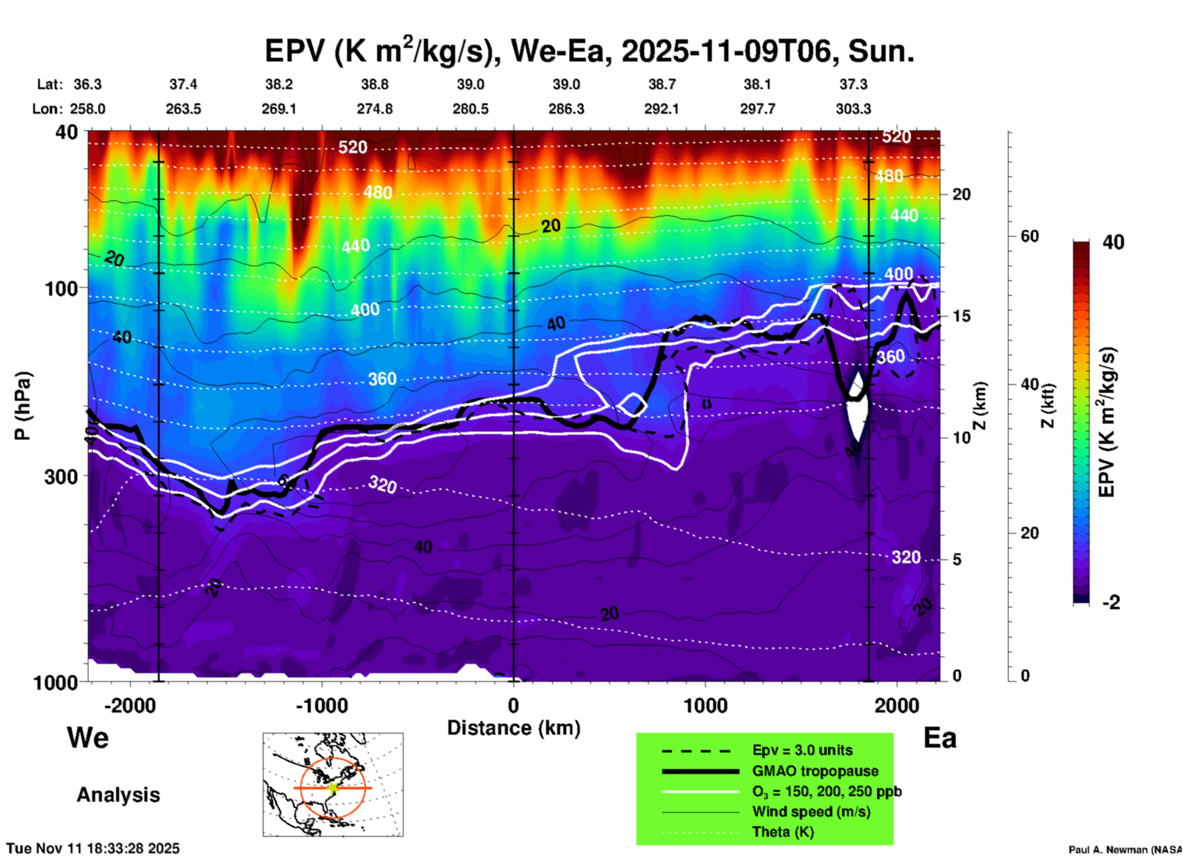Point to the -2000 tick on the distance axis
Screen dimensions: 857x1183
tap(130, 705)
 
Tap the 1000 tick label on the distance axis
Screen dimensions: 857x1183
tap(705, 705)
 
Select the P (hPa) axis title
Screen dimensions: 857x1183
tap(23, 406)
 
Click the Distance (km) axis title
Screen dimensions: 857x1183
tap(513, 728)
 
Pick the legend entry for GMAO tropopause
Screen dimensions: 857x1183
tap(815, 771)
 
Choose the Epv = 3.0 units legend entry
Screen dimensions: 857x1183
tap(802, 750)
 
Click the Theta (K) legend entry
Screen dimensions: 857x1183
tap(783, 832)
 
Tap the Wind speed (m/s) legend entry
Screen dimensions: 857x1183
tap(811, 812)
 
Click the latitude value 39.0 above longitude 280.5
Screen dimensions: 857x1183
tap(470, 84)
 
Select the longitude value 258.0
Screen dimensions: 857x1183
tap(87, 109)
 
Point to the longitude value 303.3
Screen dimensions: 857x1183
tap(853, 109)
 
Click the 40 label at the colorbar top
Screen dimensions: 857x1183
tap(1112, 242)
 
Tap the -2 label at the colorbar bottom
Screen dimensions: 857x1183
tap(1111, 602)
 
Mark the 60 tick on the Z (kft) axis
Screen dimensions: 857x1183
tap(1029, 236)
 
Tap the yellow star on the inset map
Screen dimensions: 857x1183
tap(333, 788)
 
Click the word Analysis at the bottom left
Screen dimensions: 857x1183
tap(118, 794)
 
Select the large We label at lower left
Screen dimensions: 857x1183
tap(88, 738)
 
